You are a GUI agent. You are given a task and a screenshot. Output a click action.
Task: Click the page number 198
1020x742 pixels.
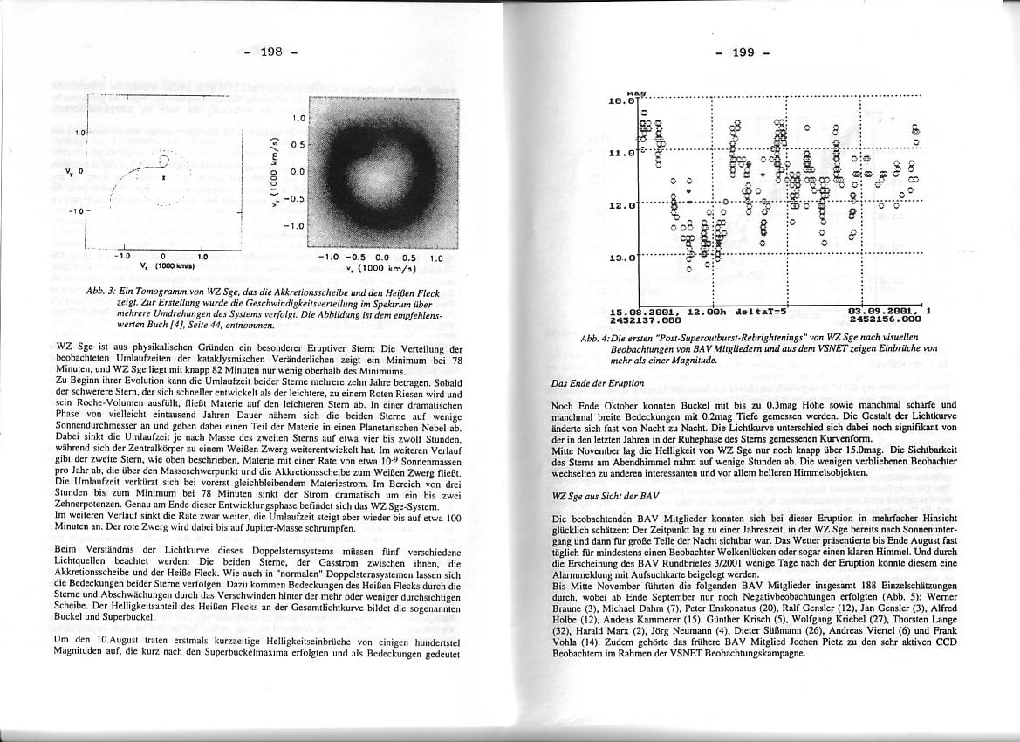[x=270, y=52]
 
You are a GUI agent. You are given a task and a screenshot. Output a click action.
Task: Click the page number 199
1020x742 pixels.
[x=743, y=52]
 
